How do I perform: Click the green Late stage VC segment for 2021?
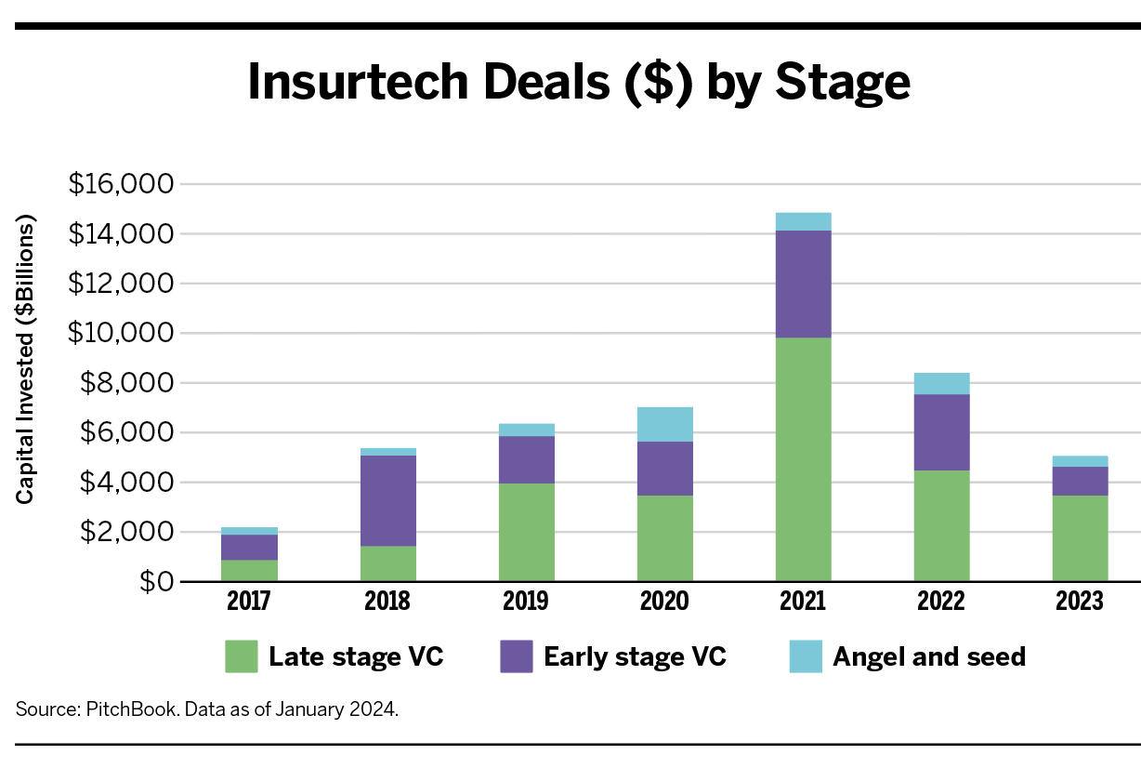click(x=803, y=459)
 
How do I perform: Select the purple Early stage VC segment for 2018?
click(x=387, y=500)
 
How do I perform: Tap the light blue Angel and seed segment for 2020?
click(x=664, y=424)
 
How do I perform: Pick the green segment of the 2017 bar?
click(x=249, y=570)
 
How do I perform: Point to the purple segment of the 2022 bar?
click(x=941, y=432)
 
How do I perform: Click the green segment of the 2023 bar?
click(x=1080, y=538)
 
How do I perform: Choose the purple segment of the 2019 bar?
click(x=526, y=459)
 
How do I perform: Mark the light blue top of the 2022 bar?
click(x=941, y=383)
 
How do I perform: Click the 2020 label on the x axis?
click(x=664, y=602)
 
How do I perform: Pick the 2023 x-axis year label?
click(x=1080, y=602)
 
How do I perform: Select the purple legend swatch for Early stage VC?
click(x=516, y=656)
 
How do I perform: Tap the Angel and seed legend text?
click(x=929, y=656)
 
